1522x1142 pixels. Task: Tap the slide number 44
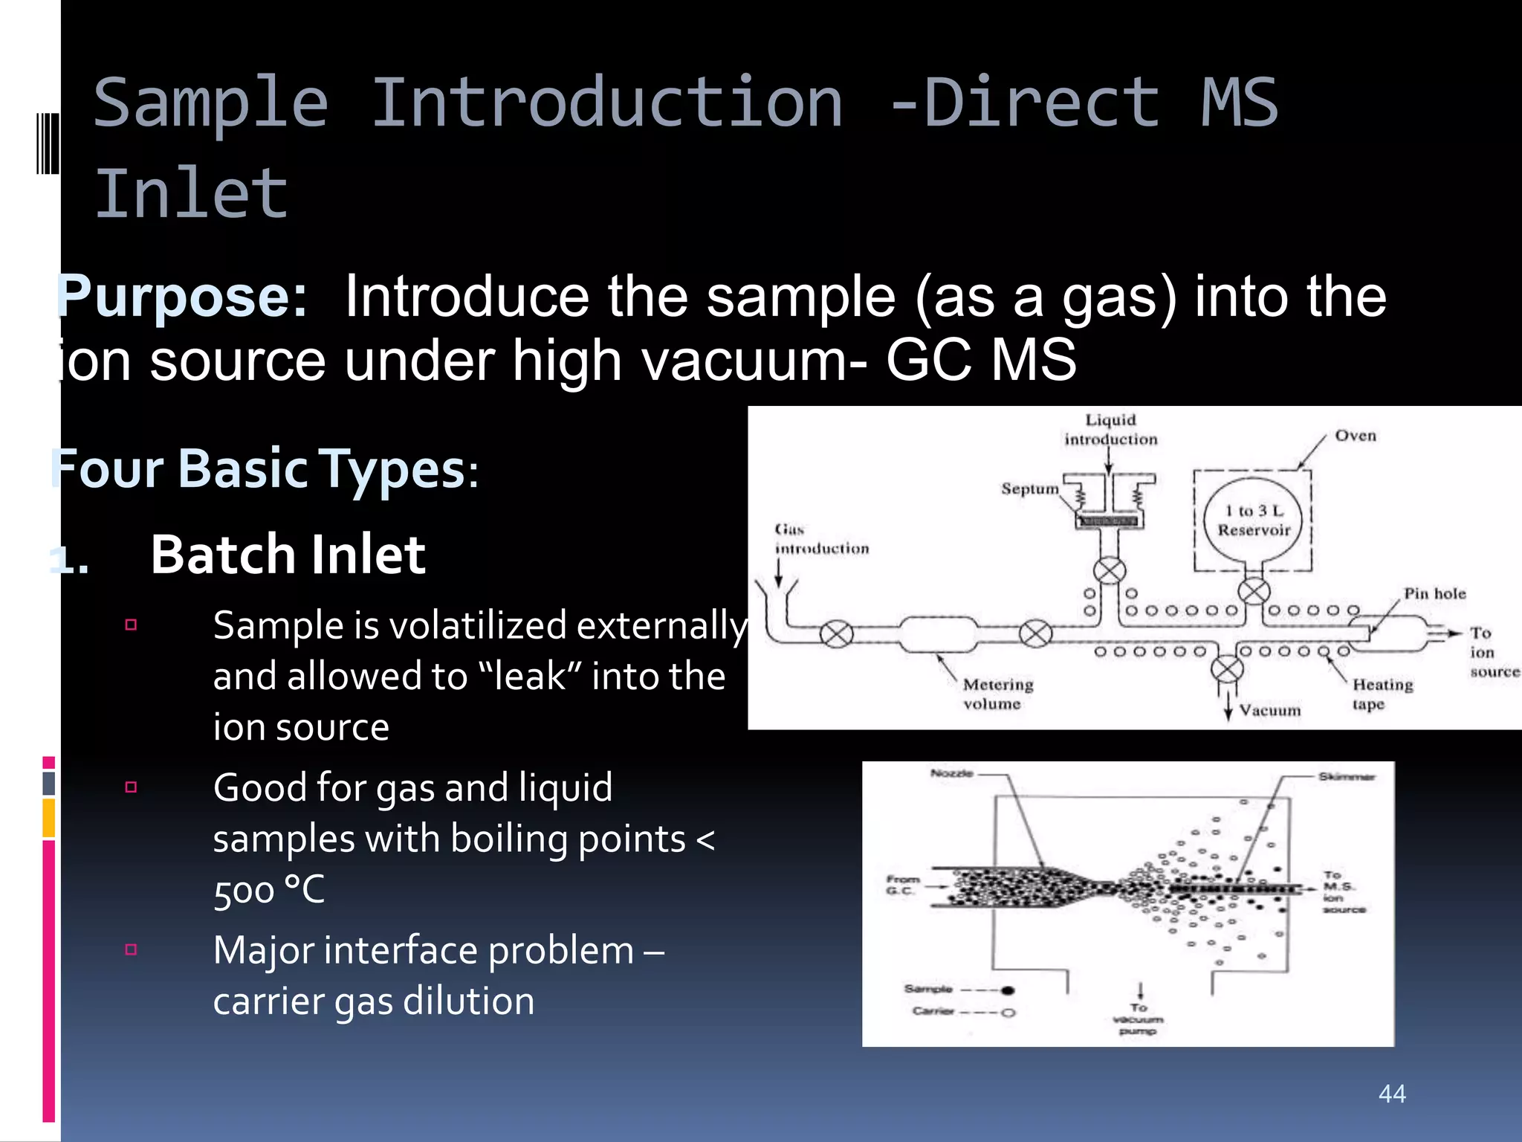(1392, 1094)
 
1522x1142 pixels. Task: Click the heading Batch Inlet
(288, 555)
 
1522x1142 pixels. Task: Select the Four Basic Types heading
(264, 469)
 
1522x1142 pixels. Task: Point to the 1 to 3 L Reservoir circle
(1253, 520)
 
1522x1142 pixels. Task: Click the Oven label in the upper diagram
(1356, 436)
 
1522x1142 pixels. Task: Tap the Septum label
(1029, 488)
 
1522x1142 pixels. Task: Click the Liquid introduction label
(1110, 430)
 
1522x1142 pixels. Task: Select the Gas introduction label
(820, 539)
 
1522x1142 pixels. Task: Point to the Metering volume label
(997, 694)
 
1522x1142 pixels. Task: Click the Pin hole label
(1434, 593)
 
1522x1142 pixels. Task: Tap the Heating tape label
(1382, 694)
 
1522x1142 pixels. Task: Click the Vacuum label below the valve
(1269, 711)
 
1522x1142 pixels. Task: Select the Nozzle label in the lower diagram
(951, 774)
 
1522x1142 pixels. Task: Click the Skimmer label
(1347, 777)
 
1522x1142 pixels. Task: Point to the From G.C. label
(902, 885)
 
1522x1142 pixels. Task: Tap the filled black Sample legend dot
(1008, 990)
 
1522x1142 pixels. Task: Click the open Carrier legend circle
(1008, 1013)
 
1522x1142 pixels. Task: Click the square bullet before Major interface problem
(132, 949)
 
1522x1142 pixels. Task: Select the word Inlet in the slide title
(191, 195)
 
